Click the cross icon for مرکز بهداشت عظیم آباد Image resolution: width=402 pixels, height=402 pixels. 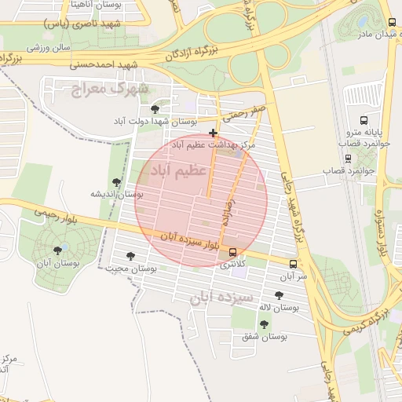[x=214, y=133]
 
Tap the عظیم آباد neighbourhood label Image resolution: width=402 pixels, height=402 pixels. [x=183, y=169]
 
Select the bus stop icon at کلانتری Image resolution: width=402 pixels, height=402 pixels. [x=232, y=252]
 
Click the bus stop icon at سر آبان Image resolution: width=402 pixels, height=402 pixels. [x=293, y=264]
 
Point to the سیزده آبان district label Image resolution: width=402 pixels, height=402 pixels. [x=221, y=298]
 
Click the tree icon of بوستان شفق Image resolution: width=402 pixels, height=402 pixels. [x=263, y=323]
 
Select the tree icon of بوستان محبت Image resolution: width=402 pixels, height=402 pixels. [x=130, y=256]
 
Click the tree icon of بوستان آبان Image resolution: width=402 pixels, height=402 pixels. [x=57, y=250]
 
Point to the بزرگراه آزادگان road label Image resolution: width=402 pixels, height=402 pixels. [x=195, y=52]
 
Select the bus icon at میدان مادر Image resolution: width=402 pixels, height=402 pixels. [x=392, y=23]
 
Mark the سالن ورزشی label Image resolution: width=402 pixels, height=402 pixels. [x=49, y=47]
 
